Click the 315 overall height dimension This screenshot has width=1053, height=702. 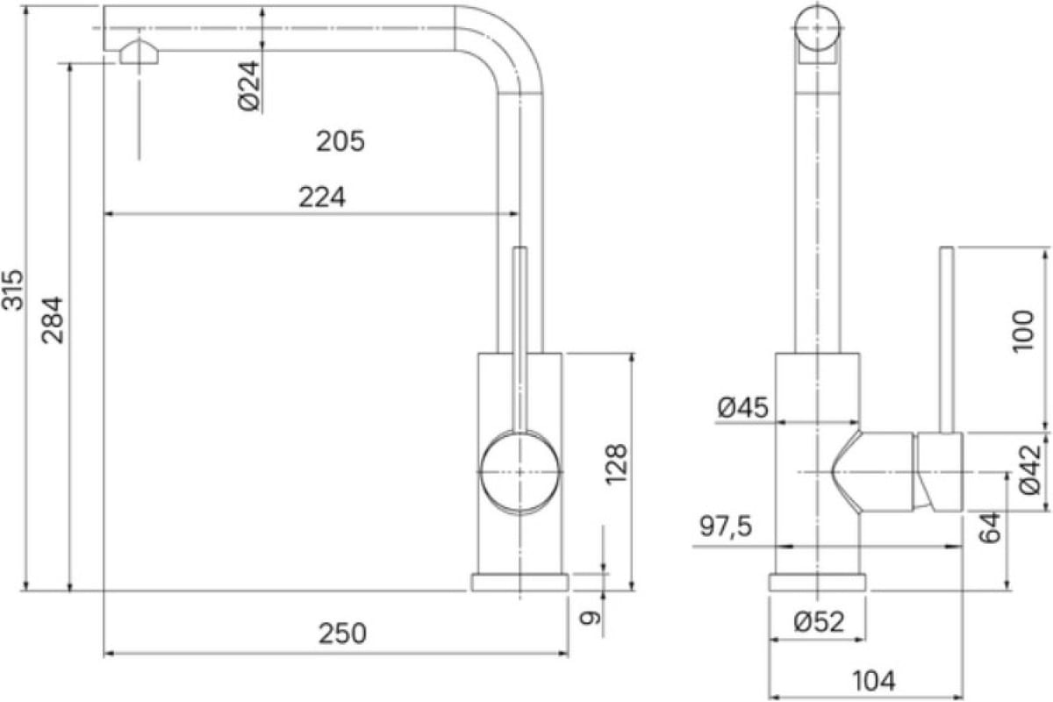click(x=12, y=290)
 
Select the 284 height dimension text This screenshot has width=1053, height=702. click(x=52, y=320)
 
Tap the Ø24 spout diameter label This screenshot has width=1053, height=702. click(x=248, y=86)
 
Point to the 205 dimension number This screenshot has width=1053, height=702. click(x=340, y=141)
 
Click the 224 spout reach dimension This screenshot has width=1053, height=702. click(x=322, y=197)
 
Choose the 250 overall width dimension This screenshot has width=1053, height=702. click(x=342, y=634)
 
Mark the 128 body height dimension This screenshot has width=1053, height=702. click(x=616, y=463)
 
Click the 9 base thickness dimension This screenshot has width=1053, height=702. click(x=591, y=618)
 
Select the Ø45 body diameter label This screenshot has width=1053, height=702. click(x=742, y=407)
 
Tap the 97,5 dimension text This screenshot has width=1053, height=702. click(x=726, y=526)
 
